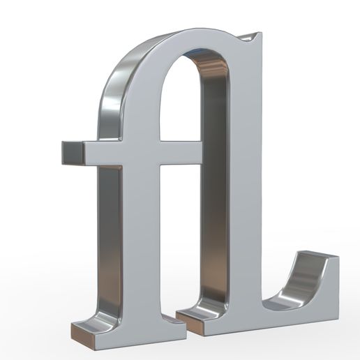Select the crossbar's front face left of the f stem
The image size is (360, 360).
point(105,154)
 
